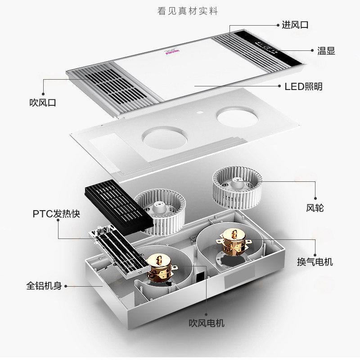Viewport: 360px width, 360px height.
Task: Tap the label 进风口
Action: click(x=295, y=25)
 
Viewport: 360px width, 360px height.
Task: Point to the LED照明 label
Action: click(x=303, y=86)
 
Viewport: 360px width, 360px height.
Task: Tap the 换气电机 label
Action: click(x=315, y=261)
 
